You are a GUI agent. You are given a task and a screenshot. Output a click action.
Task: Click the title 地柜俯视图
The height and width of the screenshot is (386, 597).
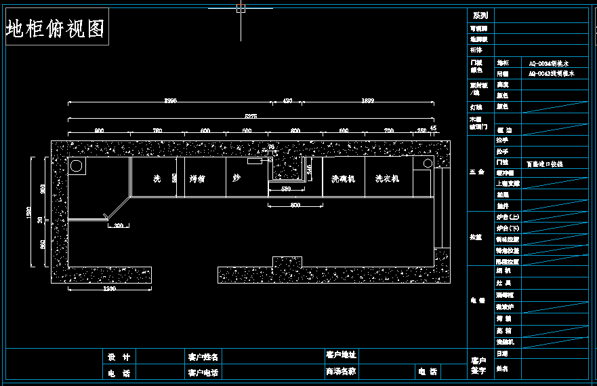point(56,29)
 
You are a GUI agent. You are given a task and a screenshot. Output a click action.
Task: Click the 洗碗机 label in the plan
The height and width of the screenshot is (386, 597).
point(343,179)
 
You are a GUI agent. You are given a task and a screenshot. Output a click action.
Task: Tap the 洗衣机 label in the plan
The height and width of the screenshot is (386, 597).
point(388,179)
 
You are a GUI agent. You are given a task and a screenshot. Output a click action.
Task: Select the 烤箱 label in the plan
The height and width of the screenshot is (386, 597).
point(197,179)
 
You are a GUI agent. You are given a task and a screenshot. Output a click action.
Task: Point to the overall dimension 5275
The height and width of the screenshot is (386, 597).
point(251,117)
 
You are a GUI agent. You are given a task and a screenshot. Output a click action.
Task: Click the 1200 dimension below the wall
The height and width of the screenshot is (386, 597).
point(110,288)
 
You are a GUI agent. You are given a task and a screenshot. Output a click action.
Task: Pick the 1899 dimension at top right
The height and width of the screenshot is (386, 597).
point(367,100)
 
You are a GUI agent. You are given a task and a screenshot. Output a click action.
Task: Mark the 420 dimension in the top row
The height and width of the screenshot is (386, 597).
point(287,100)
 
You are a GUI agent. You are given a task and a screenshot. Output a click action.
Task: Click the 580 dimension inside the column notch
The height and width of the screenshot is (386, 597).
point(285,189)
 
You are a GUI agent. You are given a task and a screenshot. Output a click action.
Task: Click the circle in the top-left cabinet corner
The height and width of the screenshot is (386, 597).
point(77,166)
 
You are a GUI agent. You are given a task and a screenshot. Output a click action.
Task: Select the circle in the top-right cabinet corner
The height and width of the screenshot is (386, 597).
point(428,163)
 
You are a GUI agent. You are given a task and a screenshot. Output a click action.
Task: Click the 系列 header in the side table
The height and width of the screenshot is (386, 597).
point(480,15)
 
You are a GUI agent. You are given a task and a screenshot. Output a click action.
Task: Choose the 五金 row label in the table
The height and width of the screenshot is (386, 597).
point(477,172)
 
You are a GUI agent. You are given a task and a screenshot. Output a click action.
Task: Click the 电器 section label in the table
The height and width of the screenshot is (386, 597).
point(478,299)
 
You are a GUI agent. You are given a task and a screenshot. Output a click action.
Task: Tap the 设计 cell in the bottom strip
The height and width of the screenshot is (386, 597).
point(118,357)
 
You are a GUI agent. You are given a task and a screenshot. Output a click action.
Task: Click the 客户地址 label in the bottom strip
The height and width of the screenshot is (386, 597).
point(341,355)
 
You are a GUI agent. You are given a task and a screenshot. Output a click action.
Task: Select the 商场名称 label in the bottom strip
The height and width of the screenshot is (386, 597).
point(341,372)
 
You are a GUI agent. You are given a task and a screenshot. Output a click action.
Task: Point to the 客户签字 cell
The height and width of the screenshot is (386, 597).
point(479,365)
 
